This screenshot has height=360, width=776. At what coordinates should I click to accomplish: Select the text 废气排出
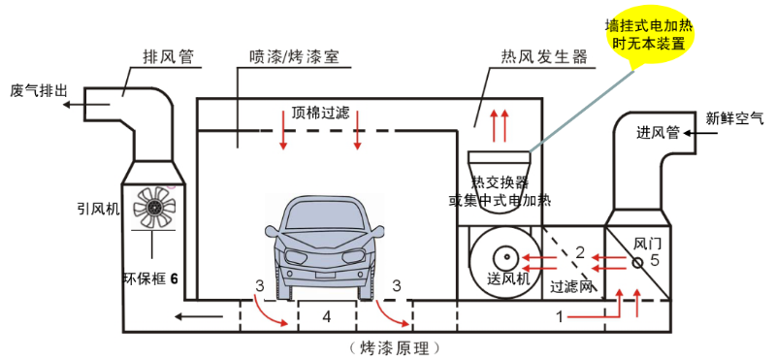[x=39, y=90]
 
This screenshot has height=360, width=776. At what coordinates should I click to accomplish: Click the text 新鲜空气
[x=734, y=118]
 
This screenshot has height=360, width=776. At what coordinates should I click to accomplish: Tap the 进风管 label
[x=661, y=132]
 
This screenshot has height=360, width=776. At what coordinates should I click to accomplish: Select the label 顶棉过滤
[x=320, y=111]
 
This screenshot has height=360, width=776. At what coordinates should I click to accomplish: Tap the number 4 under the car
[x=327, y=316]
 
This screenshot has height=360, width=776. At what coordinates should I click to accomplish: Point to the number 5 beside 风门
[x=655, y=260]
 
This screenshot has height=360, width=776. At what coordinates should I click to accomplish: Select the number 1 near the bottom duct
[x=559, y=316]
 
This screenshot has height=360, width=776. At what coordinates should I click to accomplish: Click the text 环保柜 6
[x=150, y=278]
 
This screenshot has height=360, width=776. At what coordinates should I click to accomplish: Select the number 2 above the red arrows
[x=579, y=252]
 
